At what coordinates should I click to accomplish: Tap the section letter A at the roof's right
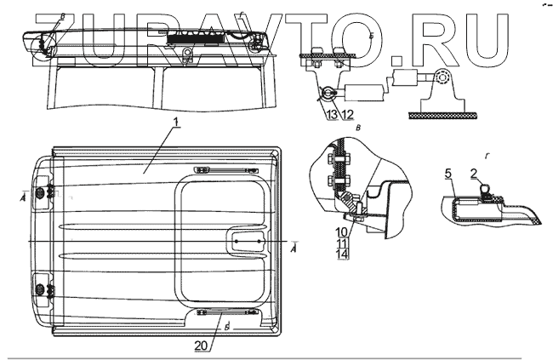point(294,249)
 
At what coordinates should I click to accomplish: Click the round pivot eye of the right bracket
point(441,79)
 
